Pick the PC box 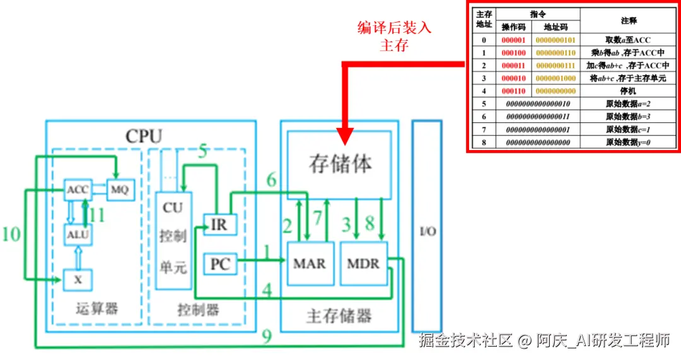point(219,264)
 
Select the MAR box point(309,263)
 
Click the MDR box point(363,263)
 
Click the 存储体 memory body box point(339,164)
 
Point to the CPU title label point(143,136)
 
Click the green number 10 point(11,235)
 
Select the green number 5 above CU point(202,151)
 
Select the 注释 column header point(628,21)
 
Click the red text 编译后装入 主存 point(394,37)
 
